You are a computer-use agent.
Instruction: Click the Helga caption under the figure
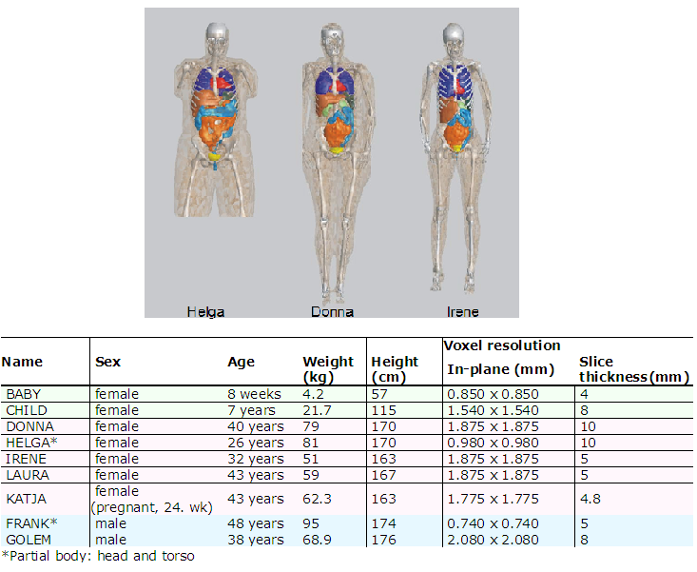click(205, 312)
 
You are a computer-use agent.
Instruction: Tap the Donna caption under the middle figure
click(332, 312)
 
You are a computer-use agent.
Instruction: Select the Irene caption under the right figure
click(463, 312)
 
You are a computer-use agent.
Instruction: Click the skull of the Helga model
click(218, 34)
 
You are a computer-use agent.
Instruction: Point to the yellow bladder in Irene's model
click(456, 148)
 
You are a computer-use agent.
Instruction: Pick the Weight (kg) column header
click(328, 369)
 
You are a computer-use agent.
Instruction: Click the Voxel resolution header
click(502, 345)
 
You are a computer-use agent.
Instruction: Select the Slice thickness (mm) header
click(634, 369)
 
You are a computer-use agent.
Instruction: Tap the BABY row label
click(24, 394)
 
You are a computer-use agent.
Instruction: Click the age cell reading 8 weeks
click(254, 394)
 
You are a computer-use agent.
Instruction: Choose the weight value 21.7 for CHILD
click(317, 410)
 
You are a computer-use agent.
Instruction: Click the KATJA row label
click(27, 499)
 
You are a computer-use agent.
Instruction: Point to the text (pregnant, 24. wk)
click(151, 507)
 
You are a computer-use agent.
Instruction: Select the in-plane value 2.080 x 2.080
click(493, 540)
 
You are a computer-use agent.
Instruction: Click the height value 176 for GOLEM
click(383, 540)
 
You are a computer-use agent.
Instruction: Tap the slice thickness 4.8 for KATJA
click(590, 499)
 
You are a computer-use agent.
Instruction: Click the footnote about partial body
click(98, 556)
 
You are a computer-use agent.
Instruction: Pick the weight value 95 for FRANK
click(311, 523)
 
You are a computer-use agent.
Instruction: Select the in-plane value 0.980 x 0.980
click(493, 443)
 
